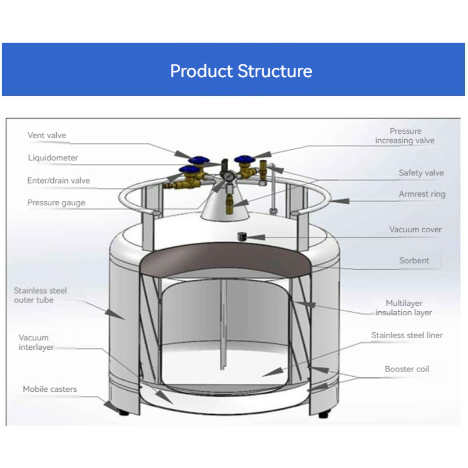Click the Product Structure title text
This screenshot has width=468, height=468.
coord(240,71)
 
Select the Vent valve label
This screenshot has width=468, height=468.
coord(47,136)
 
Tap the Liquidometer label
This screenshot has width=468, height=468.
coord(53,158)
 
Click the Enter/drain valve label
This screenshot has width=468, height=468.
coord(58,181)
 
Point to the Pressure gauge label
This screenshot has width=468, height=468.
coord(56,203)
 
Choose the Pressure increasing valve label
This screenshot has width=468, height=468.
coord(405,136)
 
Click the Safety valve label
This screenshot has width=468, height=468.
coord(421,173)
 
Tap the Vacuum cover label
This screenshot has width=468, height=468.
coord(415,230)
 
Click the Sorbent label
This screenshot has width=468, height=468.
coord(414,261)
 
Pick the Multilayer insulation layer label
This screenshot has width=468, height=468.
coord(404,308)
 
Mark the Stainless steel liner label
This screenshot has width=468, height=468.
coord(407,336)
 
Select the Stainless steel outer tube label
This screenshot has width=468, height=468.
coord(40,295)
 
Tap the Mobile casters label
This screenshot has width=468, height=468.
coord(50,390)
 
